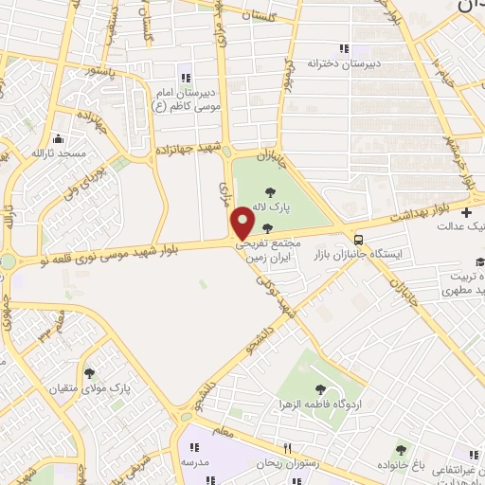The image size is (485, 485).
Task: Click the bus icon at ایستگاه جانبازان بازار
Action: (x=358, y=239)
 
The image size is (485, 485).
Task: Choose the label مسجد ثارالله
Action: (x=59, y=152)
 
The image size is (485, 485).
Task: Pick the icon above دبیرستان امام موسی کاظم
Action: (x=185, y=77)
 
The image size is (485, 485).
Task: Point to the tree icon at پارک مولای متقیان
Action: (x=91, y=373)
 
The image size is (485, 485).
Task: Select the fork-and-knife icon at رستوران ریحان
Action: (x=286, y=448)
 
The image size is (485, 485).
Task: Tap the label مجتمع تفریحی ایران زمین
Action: (x=268, y=249)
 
